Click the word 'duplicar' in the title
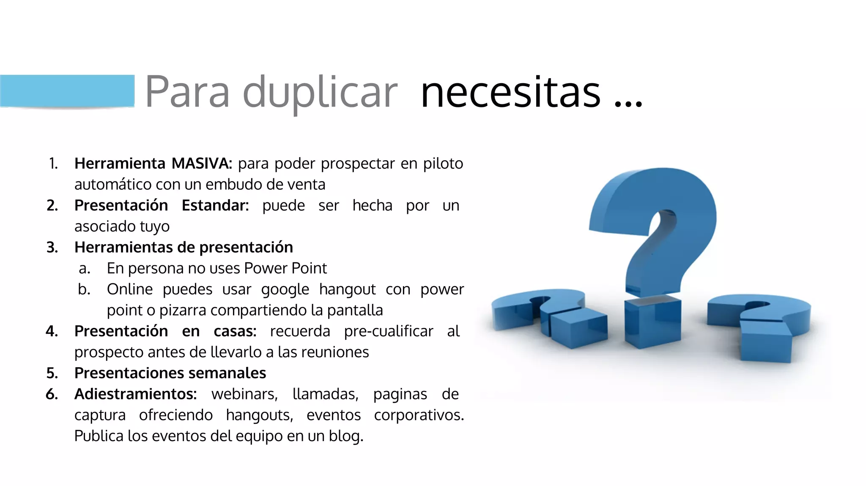tap(320, 92)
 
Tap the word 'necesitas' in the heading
tap(510, 92)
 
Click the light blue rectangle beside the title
tap(67, 91)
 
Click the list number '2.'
tap(52, 205)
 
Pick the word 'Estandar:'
tap(215, 205)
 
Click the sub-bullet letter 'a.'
tap(85, 268)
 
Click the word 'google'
tap(285, 289)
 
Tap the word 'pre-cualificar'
tap(389, 331)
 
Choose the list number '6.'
tap(52, 394)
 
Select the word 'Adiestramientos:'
tap(135, 394)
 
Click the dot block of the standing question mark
tap(652, 322)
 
